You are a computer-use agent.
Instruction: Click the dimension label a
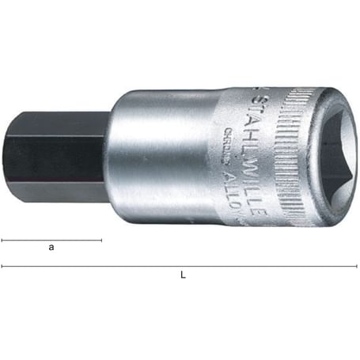[51, 248]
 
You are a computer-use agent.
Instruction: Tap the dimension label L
[183, 275]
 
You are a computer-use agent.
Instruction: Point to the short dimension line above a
[51, 239]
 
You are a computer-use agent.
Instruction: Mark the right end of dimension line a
[102, 239]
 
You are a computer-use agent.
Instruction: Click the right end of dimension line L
[356, 266]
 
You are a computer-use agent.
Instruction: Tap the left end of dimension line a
[2, 239]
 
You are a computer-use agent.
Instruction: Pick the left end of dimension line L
[2, 266]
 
